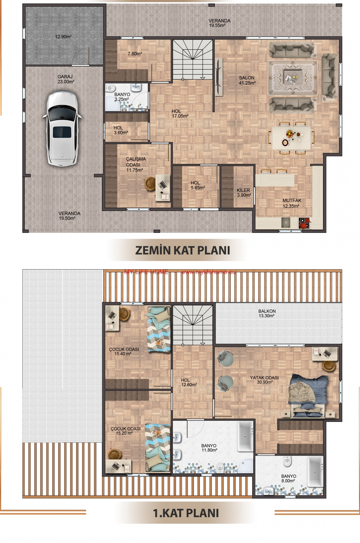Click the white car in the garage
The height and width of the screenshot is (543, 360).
(62, 128)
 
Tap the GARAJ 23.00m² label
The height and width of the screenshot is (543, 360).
(66, 79)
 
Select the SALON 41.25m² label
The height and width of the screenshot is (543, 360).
(247, 80)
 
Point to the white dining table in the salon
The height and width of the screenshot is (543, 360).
(291, 138)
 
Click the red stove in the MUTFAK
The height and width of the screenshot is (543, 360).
(304, 223)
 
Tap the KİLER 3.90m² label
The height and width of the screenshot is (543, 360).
(244, 192)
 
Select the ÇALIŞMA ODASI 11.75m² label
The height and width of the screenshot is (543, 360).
(136, 164)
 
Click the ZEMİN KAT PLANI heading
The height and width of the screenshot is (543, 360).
(183, 250)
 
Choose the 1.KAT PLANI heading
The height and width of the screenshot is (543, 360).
(186, 513)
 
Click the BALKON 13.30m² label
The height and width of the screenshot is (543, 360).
(267, 313)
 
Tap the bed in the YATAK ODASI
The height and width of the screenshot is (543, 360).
(307, 396)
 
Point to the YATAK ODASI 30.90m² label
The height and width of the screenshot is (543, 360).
(264, 380)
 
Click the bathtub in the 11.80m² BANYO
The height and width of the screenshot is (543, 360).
(245, 436)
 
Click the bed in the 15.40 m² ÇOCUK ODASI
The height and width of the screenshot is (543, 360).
(159, 329)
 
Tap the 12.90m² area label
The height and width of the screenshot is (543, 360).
(63, 37)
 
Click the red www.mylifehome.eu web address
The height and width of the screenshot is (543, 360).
(208, 272)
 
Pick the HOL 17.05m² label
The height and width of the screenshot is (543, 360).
(180, 113)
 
